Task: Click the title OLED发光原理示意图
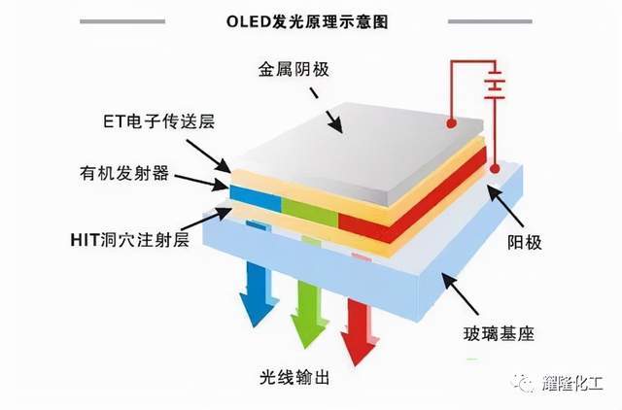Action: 310,19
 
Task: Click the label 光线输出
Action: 292,376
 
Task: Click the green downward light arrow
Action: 306,312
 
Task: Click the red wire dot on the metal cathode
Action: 452,123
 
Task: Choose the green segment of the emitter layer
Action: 309,205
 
